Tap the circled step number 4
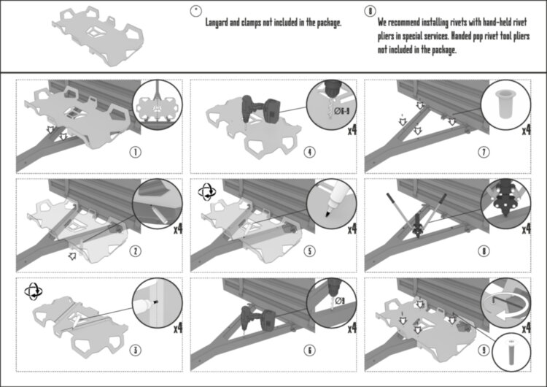pyautogui.click(x=309, y=153)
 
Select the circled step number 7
pyautogui.click(x=484, y=153)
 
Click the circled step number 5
pyautogui.click(x=309, y=251)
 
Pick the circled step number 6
pyautogui.click(x=309, y=350)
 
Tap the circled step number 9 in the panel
pyautogui.click(x=484, y=350)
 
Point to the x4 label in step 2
pyautogui.click(x=177, y=229)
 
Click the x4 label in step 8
pyautogui.click(x=527, y=229)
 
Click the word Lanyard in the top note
pyautogui.click(x=220, y=23)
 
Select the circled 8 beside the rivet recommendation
pyautogui.click(x=370, y=12)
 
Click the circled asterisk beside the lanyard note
pyautogui.click(x=195, y=10)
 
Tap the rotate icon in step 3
pyautogui.click(x=32, y=291)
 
